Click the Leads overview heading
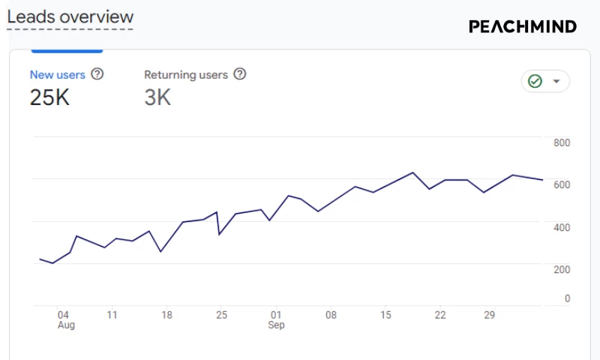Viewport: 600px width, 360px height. point(70,17)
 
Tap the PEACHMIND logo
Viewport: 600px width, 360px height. point(523,26)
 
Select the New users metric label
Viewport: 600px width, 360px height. point(58,75)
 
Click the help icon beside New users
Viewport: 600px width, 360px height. point(97,74)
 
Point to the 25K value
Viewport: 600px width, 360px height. point(49,97)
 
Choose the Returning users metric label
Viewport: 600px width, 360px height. point(186,75)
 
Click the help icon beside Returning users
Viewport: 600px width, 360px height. point(240,74)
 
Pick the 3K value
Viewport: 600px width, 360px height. point(157,97)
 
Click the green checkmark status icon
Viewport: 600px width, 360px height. point(535,81)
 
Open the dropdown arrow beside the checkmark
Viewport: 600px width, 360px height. point(556,81)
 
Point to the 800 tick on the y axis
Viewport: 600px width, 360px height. point(562,142)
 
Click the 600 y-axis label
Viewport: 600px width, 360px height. point(562,184)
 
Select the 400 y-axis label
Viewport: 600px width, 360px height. point(562,227)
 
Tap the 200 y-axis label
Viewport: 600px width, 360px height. point(562,269)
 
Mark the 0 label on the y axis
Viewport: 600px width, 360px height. point(567,298)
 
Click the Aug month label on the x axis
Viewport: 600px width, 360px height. point(66,325)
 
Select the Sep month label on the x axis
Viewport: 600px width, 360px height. point(277,325)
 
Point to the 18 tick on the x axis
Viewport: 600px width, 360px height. point(166,315)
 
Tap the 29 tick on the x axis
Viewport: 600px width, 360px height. point(489,315)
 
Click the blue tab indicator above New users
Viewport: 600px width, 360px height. point(66,51)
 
